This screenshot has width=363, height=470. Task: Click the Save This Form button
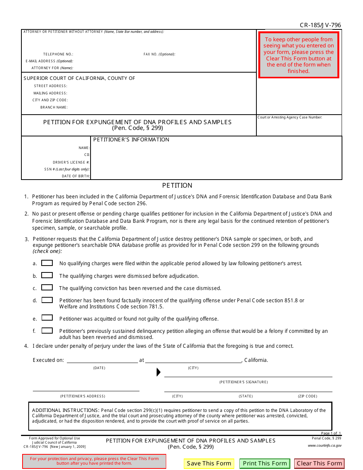coord(209,464)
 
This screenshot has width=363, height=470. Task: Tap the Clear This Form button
coord(319,464)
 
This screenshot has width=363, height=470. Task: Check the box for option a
coord(47,263)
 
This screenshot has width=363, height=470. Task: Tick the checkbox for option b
coord(47,276)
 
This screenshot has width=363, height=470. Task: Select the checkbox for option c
coord(47,288)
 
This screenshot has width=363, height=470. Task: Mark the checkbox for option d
coord(47,300)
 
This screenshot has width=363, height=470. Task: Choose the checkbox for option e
coord(47,318)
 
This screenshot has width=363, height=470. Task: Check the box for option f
coord(47,331)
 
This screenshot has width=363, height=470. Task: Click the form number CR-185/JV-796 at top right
coord(320,25)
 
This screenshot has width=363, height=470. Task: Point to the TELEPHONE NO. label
coord(58,54)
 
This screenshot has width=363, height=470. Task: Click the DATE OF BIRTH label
coord(76,176)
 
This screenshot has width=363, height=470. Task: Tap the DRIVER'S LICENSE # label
coord(71,162)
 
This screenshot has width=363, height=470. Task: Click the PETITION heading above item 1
coord(177,185)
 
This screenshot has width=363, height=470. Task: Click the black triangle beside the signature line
coord(159,372)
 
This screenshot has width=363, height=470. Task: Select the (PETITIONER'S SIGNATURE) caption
coord(243,382)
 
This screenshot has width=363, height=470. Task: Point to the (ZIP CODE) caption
coord(308,396)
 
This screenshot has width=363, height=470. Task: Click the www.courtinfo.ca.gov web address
coord(324,446)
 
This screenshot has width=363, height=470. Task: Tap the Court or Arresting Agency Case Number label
coord(290,117)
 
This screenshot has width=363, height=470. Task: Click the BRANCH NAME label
coord(54,107)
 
